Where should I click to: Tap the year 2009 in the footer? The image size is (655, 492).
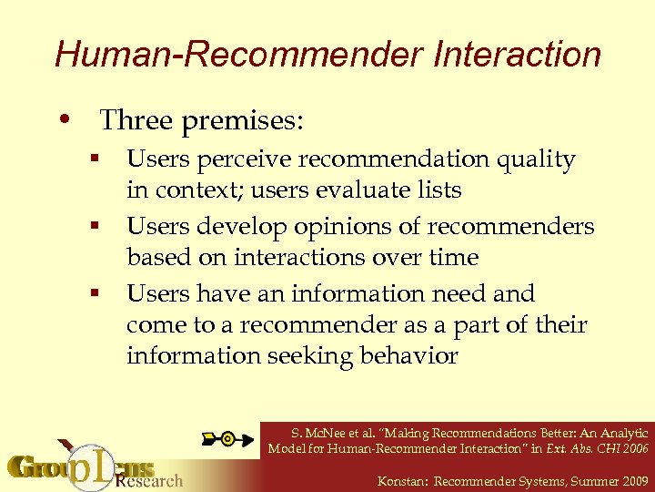coord(632,479)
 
